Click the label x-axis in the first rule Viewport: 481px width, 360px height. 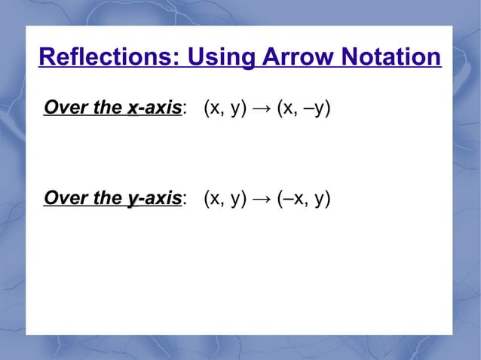click(x=154, y=108)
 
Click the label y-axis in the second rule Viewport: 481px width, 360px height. click(x=154, y=199)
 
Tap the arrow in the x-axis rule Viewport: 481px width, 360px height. click(x=262, y=109)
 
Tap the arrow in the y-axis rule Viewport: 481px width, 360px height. click(x=262, y=200)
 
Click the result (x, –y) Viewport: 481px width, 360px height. click(x=303, y=109)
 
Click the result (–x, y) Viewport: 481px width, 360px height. click(x=303, y=200)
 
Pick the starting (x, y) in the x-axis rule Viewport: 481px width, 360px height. click(x=225, y=109)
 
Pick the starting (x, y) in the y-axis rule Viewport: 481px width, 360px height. click(x=225, y=200)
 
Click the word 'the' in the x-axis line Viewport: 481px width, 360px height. click(x=108, y=108)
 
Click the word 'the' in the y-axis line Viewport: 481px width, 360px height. click(x=108, y=199)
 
